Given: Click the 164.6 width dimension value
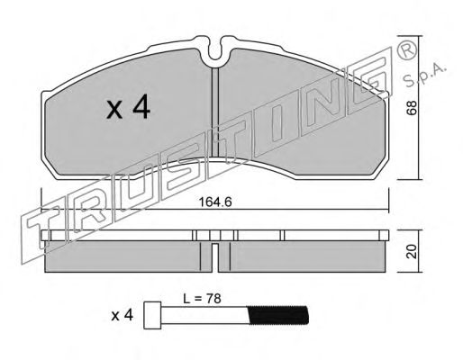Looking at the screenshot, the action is click(x=215, y=202).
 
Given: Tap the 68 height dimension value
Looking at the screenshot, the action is click(x=412, y=107).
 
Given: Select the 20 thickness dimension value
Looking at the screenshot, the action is click(x=412, y=251).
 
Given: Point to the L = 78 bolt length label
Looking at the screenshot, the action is click(x=202, y=299).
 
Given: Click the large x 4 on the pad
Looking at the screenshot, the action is click(x=129, y=107).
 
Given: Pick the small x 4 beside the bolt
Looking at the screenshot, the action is click(x=122, y=316).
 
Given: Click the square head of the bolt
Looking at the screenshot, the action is click(x=152, y=315).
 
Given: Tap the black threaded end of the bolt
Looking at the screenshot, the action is click(x=278, y=315).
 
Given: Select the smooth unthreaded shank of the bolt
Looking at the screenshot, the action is click(x=204, y=315).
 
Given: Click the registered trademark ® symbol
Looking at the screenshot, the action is click(x=407, y=50).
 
